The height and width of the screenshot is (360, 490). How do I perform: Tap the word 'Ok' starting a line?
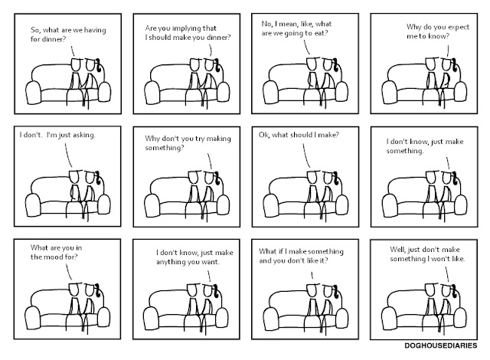click(266, 135)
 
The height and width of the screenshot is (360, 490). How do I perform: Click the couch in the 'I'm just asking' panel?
click(54, 195)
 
